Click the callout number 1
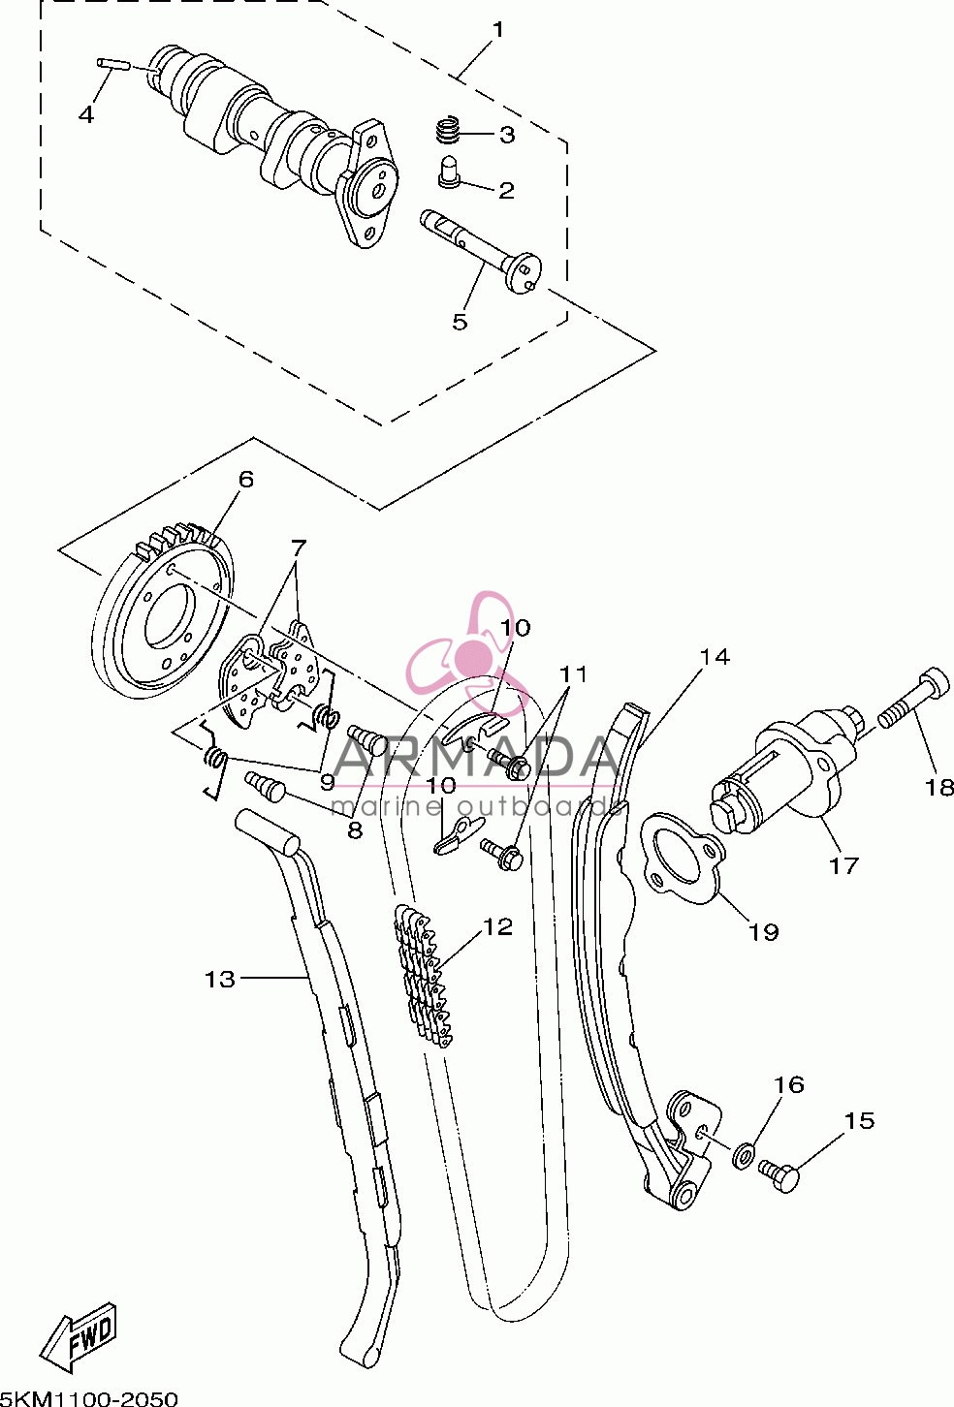pos(497,29)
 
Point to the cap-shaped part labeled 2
pos(450,171)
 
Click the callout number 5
pos(460,323)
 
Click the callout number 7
pos(298,547)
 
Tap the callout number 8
pos(355,831)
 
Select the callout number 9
pos(327,782)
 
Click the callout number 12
pos(497,926)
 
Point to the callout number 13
pos(219,979)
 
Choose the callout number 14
pos(715,656)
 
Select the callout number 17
pos(843,865)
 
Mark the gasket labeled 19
pos(683,858)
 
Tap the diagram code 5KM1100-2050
pos(89,1398)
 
